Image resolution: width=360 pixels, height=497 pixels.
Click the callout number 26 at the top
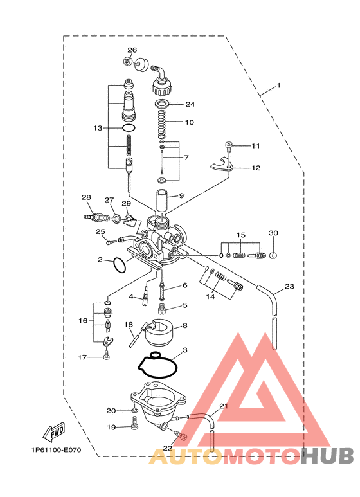(132, 50)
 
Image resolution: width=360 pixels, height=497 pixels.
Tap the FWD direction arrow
(54, 432)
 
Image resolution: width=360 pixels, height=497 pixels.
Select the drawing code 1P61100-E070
(56, 450)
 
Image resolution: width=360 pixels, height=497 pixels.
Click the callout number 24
(190, 104)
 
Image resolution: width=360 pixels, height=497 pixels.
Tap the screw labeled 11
(228, 145)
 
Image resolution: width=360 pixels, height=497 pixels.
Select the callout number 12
(256, 168)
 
